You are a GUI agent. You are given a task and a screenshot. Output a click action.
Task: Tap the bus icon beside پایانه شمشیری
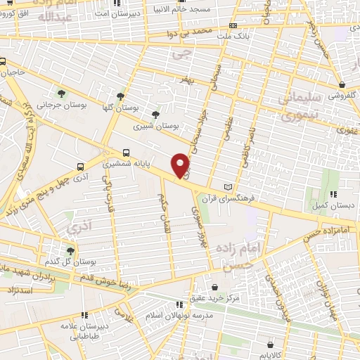(126, 151)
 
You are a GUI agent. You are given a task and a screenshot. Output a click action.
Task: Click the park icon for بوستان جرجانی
(63, 93)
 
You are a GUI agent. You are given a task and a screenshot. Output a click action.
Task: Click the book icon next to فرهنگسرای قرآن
(226, 186)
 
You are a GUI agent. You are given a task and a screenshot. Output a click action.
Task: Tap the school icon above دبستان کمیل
(334, 194)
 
